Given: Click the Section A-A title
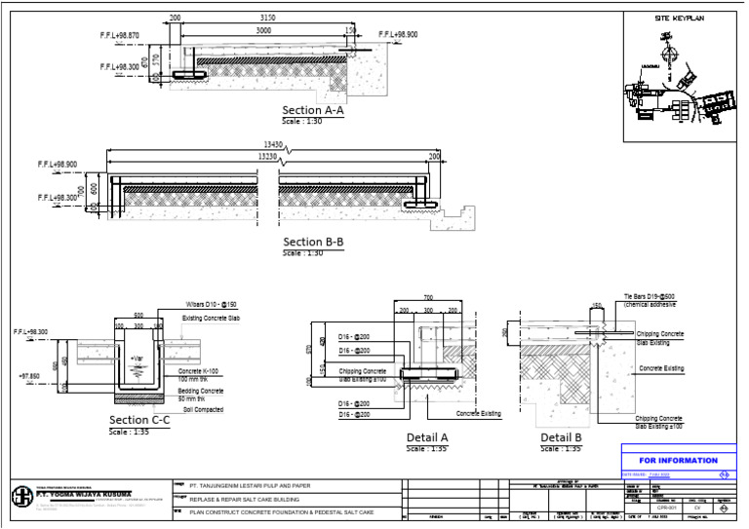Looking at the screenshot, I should pyautogui.click(x=312, y=110).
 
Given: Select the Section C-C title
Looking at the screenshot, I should pyautogui.click(x=140, y=420).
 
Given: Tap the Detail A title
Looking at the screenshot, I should pyautogui.click(x=427, y=437).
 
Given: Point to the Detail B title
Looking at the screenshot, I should pyautogui.click(x=561, y=437).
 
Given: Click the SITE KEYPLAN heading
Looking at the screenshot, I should pyautogui.click(x=679, y=19).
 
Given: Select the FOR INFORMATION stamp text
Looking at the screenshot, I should pyautogui.click(x=678, y=460).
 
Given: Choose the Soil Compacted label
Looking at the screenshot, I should pyautogui.click(x=203, y=409).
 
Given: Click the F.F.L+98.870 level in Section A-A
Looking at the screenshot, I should pyautogui.click(x=119, y=35).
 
